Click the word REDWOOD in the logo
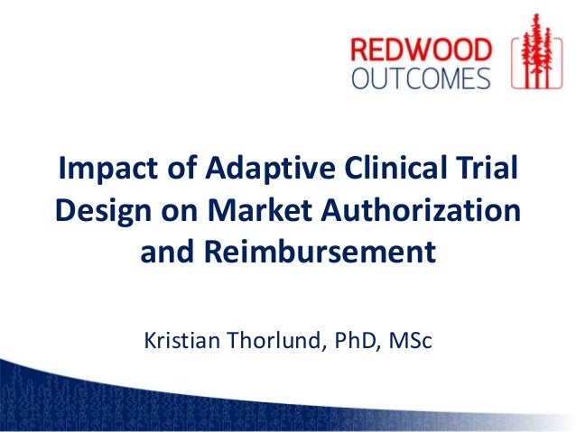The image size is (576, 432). tap(422, 50)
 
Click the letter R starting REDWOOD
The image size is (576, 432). tap(362, 50)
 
